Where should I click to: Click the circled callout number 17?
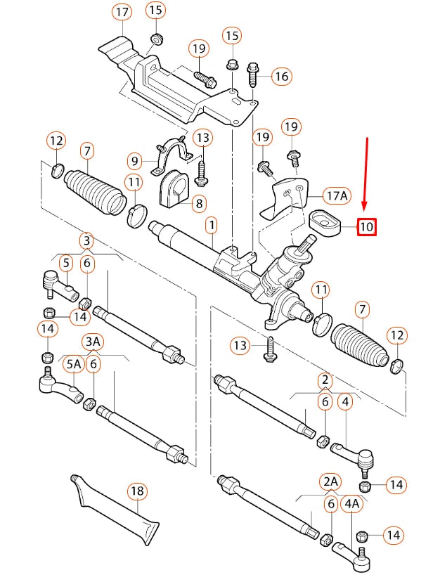pos(122,12)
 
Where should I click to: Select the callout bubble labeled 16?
pos(281,76)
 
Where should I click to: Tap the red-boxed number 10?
pos(366,227)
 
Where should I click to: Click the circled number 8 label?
pos(199,204)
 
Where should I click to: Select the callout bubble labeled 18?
pos(137,490)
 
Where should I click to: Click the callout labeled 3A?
pos(93,342)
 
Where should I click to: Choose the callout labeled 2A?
pos(330,481)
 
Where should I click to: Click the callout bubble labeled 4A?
pos(351,503)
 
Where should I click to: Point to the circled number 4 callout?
pos(345,403)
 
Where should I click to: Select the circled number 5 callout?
pos(65,264)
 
